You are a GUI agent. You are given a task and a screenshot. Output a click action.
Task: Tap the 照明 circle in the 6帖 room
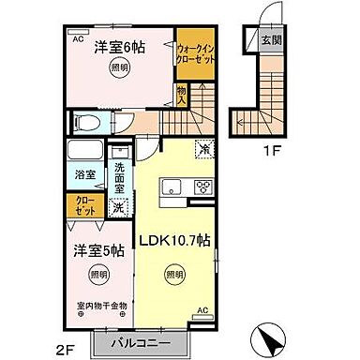119,68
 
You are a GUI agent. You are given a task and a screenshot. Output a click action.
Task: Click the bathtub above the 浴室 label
85,152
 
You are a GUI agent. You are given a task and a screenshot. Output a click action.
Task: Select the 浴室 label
84,174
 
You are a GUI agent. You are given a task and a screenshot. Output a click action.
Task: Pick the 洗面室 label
119,175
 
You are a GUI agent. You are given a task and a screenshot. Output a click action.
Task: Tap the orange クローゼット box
84,203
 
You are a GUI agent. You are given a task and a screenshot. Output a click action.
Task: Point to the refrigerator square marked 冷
202,147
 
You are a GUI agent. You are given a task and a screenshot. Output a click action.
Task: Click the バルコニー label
131,342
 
